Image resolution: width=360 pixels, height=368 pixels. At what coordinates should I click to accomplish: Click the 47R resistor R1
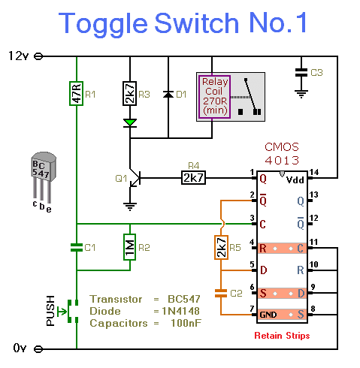(77, 93)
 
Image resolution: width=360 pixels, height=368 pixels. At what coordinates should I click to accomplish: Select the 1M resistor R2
(130, 247)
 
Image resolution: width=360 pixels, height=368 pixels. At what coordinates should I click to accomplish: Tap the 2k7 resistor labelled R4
(193, 178)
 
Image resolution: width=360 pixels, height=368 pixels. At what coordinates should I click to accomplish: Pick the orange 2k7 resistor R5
(221, 247)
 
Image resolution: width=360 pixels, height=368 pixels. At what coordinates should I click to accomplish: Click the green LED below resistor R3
(130, 123)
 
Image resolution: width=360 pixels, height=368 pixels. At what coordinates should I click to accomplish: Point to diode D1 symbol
(168, 94)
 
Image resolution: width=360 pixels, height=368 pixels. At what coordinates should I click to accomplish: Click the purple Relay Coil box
(214, 97)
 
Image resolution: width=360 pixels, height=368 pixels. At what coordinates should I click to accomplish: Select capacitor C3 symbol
(301, 72)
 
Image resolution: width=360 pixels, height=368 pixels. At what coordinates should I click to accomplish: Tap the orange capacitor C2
(221, 293)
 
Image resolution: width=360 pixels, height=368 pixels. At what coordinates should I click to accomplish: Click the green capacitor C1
(77, 247)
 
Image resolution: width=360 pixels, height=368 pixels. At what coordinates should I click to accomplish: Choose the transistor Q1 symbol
(135, 178)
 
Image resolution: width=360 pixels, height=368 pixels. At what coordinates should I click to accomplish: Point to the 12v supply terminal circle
(38, 56)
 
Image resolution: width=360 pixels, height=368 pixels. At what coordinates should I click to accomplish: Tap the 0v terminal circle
(38, 348)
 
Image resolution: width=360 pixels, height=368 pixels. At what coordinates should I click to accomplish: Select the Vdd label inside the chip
(295, 180)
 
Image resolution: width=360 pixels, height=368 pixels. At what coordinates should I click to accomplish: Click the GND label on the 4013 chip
(268, 315)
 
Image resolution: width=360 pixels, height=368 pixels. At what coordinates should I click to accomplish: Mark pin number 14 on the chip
(314, 172)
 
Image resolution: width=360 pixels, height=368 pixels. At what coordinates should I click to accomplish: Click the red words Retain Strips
(282, 336)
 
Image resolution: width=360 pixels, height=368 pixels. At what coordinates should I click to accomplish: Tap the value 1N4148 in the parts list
(180, 311)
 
